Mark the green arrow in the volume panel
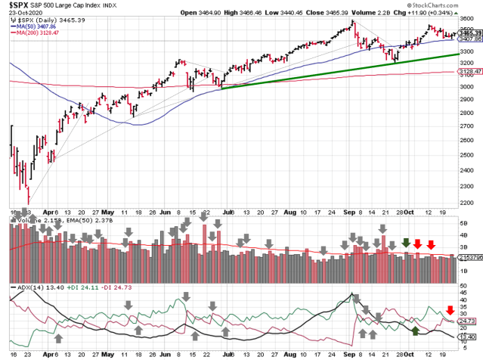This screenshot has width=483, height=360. [406, 244]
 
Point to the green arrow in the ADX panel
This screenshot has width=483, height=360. [415, 331]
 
